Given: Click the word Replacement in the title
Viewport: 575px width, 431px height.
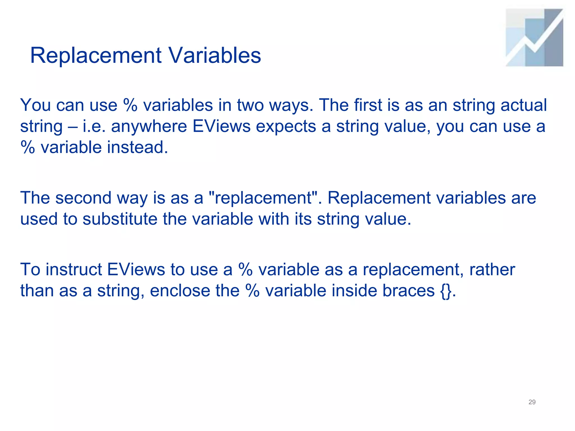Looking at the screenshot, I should tap(96, 56).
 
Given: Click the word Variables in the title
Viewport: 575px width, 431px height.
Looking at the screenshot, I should tap(215, 55).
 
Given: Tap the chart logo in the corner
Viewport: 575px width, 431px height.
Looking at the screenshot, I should tap(534, 38).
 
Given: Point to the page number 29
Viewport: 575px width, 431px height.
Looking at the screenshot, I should tap(532, 402).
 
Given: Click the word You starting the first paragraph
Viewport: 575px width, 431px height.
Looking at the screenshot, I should tap(36, 105).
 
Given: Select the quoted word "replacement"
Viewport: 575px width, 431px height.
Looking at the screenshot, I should tap(263, 198).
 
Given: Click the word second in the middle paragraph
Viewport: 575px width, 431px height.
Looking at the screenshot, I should tap(84, 198).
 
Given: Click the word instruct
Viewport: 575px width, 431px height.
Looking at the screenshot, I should tap(74, 270).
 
